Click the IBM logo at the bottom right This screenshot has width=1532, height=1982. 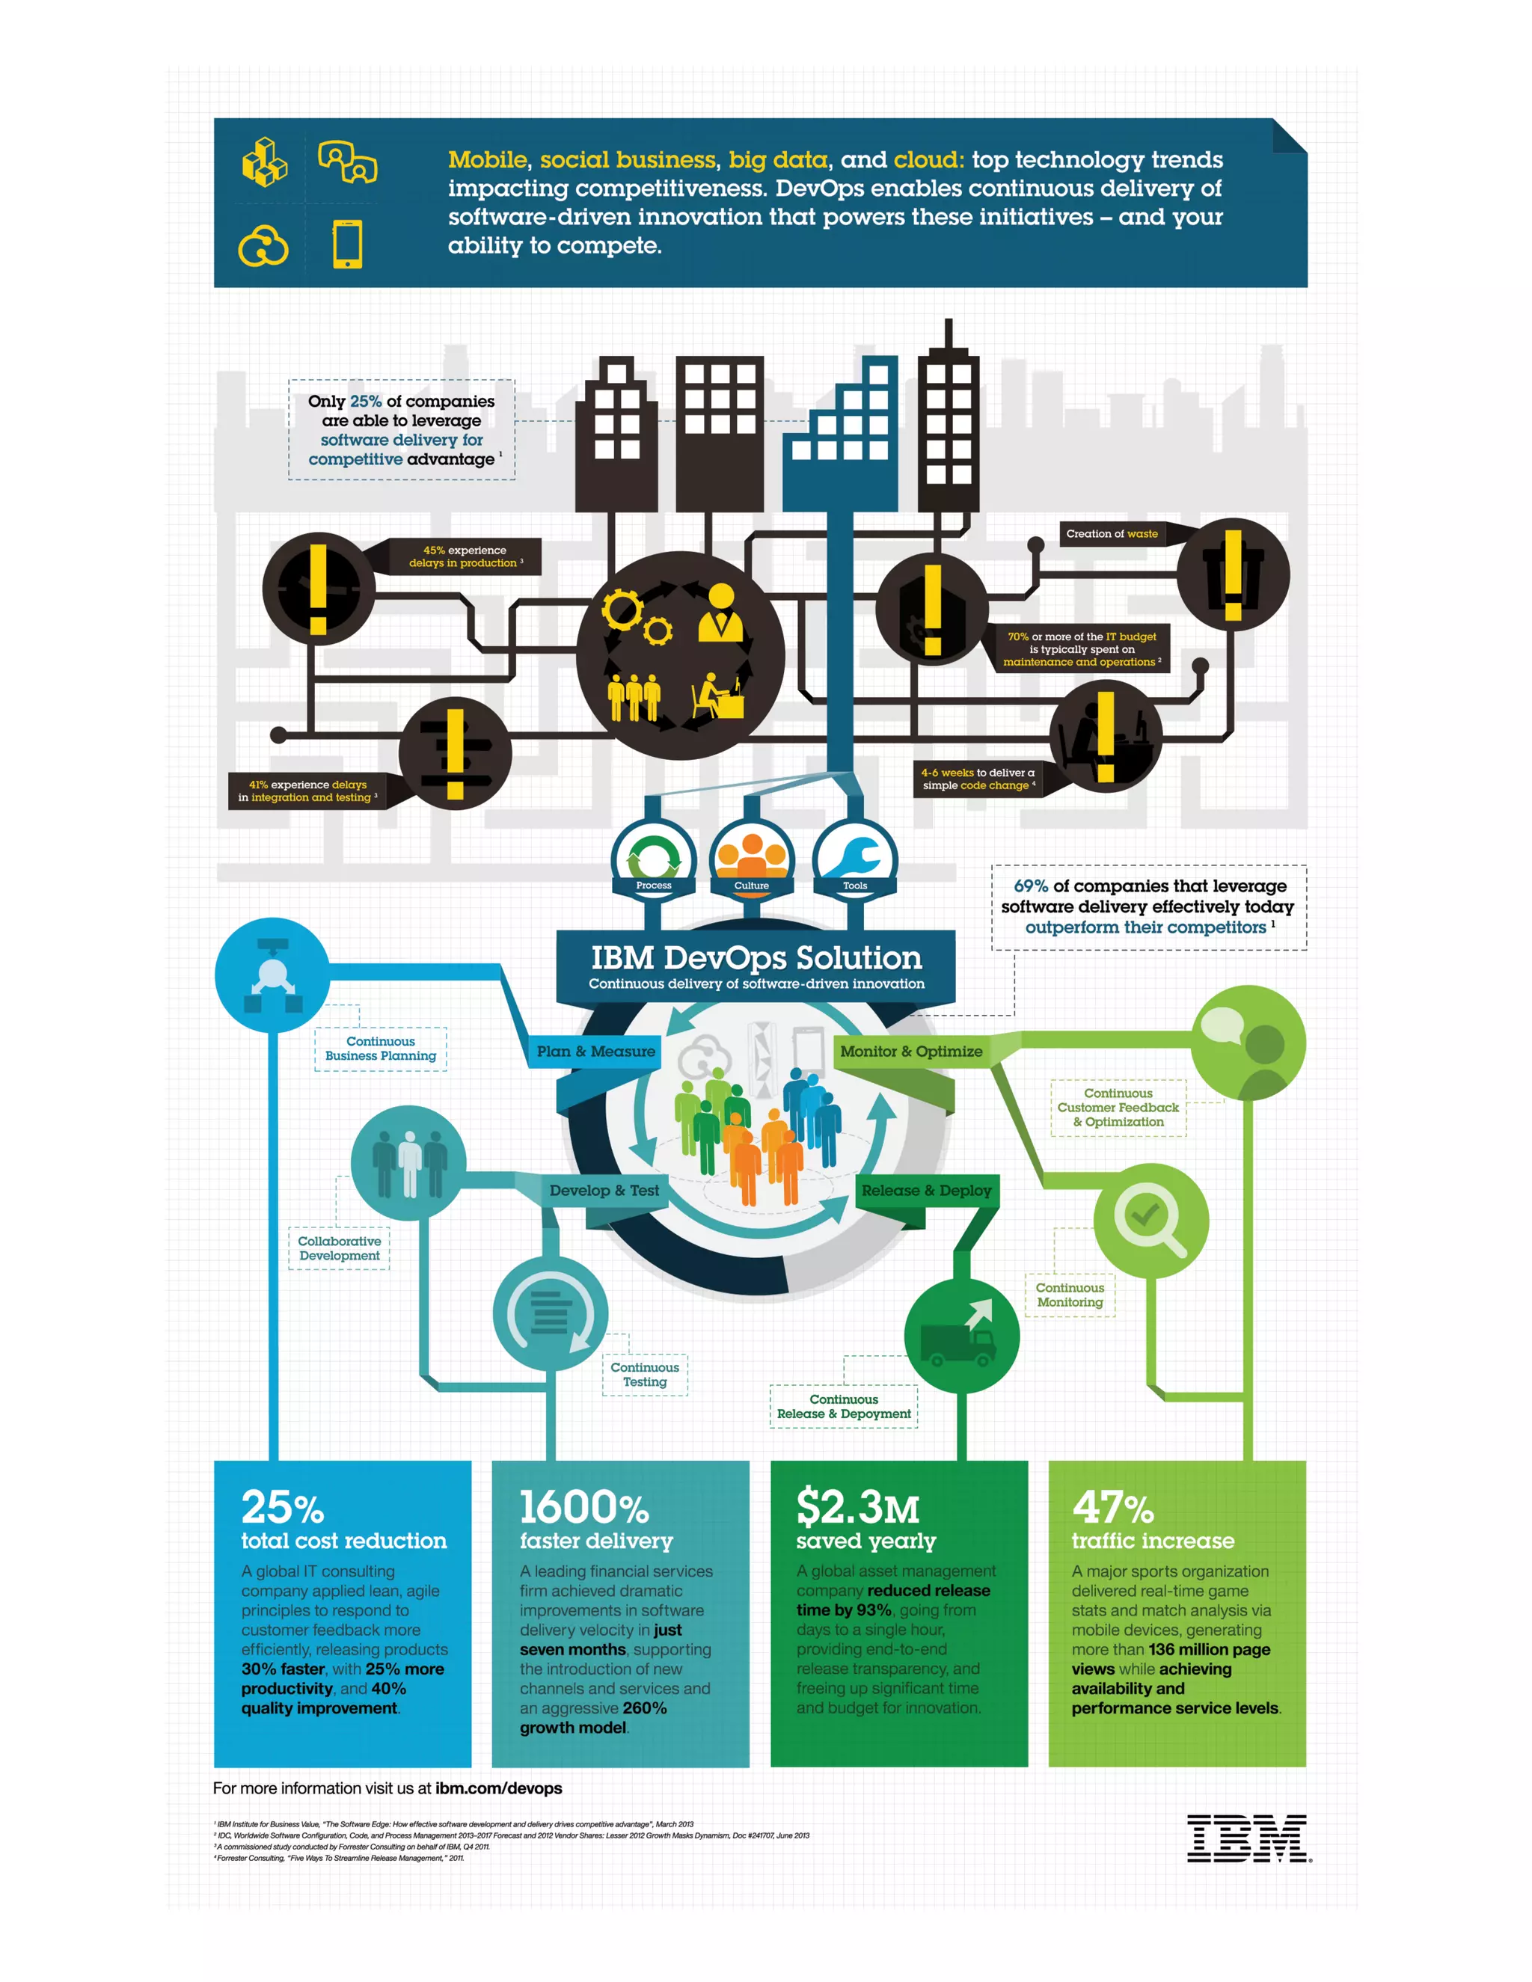point(1247,1838)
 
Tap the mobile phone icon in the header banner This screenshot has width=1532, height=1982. point(348,244)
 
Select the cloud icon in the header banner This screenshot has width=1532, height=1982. point(263,246)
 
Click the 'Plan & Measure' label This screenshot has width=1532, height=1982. point(595,1051)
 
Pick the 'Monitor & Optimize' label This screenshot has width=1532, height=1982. point(910,1051)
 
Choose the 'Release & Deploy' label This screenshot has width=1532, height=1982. point(926,1190)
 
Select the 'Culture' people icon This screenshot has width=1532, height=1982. point(752,858)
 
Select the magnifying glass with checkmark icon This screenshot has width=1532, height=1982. point(1150,1221)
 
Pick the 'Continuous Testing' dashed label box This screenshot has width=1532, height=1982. point(644,1374)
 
